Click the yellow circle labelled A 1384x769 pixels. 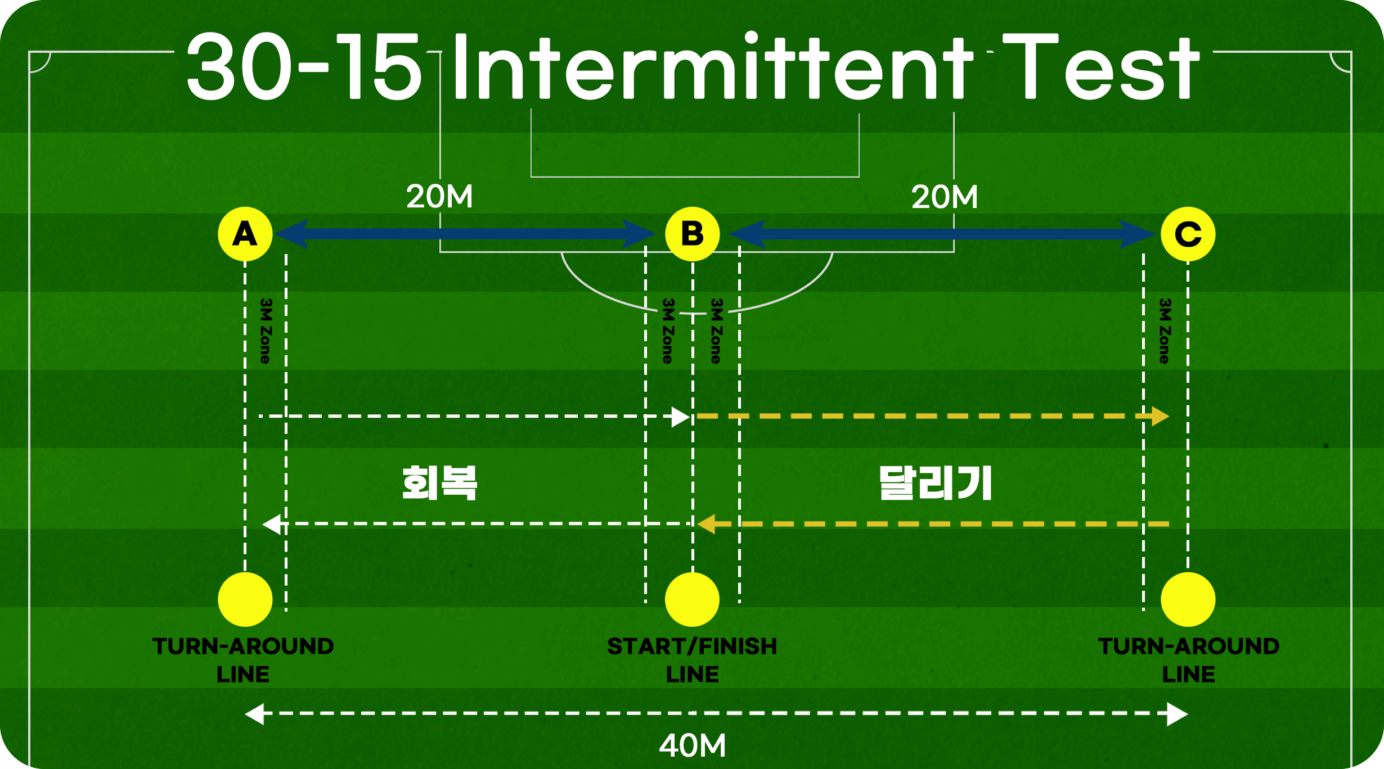[245, 234]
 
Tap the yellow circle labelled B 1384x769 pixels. [692, 234]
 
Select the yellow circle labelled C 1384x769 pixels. [1188, 234]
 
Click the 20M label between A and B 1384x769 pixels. [439, 197]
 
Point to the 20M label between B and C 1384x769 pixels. [945, 197]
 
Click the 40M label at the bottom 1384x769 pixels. [692, 746]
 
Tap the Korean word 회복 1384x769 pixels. [439, 483]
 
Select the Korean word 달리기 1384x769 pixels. [936, 483]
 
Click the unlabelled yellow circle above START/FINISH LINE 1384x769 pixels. [692, 599]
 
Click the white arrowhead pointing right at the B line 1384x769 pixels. [681, 417]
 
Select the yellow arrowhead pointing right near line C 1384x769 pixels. [1160, 417]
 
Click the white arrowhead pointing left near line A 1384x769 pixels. [272, 524]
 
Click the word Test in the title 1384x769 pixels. [1100, 67]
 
